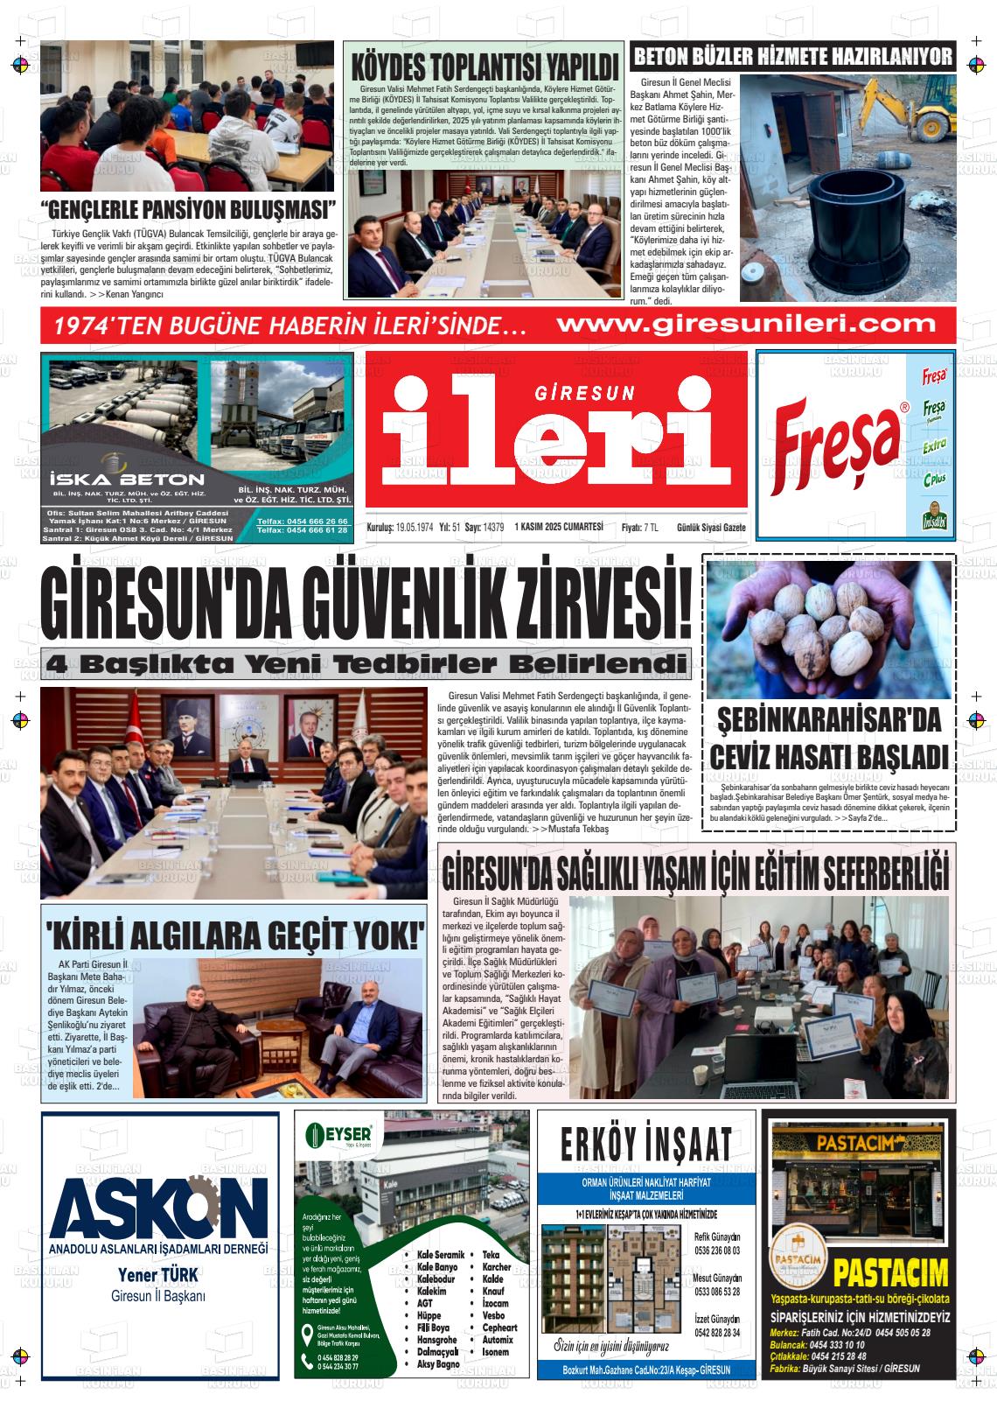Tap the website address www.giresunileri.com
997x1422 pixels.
tap(745, 325)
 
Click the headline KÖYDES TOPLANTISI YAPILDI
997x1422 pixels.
tap(484, 67)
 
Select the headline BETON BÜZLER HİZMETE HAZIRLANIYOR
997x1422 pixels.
tap(792, 58)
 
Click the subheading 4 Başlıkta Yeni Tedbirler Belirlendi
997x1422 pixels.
tap(366, 662)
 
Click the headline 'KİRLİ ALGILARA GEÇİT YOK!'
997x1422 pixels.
tap(234, 934)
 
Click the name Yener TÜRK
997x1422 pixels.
tap(158, 1275)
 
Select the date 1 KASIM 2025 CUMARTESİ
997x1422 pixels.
tap(560, 527)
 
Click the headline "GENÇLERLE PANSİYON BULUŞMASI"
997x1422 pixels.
tap(188, 211)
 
